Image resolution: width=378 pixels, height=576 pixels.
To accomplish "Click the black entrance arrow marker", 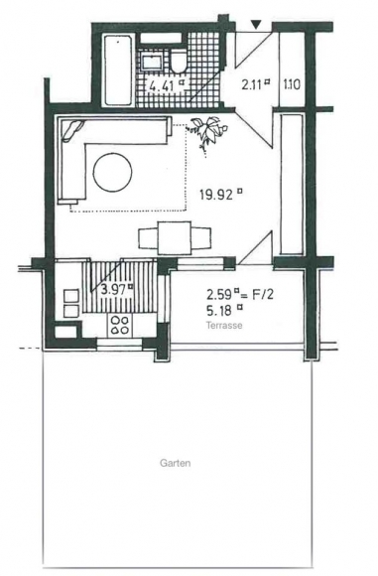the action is click(256, 25).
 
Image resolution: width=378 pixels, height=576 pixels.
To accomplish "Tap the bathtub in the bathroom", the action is click(118, 70).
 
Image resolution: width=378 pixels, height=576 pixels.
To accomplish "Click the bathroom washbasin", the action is click(151, 62).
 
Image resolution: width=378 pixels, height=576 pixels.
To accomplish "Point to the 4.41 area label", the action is click(166, 85).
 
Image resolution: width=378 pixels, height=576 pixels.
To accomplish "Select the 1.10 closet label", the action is click(292, 85).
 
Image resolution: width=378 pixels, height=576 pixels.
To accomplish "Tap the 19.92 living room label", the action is click(221, 194).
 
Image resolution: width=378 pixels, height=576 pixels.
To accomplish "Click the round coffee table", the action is click(112, 173).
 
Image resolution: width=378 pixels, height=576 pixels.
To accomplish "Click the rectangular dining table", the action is click(175, 237).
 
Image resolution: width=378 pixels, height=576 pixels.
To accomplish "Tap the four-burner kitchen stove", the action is click(120, 325).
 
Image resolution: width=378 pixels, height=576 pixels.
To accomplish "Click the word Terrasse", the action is click(224, 326).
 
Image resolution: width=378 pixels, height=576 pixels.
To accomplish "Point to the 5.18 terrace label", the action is click(224, 311).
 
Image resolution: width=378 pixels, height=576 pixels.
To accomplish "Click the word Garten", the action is click(175, 463).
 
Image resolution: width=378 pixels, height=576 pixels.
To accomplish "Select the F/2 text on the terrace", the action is click(262, 295).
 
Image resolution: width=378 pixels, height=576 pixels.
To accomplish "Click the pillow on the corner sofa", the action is click(72, 131).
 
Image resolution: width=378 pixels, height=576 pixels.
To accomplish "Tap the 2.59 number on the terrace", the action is click(219, 295).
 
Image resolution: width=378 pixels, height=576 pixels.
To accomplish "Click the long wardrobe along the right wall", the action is click(292, 184).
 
